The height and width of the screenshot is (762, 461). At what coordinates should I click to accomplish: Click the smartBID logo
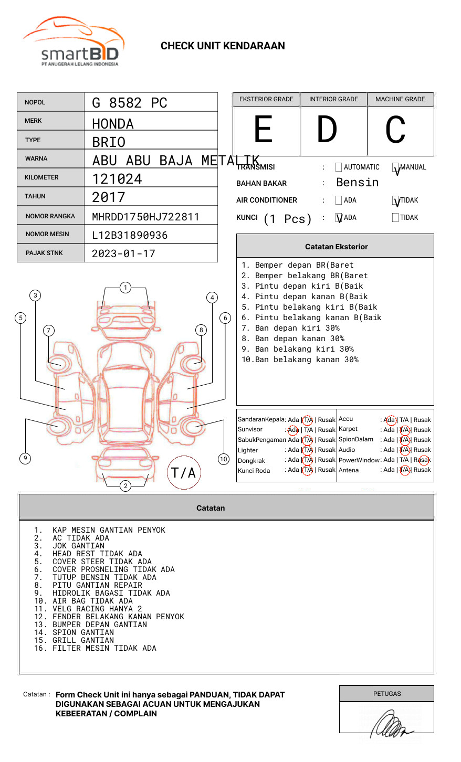click(x=74, y=43)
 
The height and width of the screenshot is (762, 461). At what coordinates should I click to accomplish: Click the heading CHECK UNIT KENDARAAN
click(x=223, y=46)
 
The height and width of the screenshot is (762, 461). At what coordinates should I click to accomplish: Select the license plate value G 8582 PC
click(x=129, y=103)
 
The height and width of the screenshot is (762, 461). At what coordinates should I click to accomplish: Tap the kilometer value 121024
click(x=117, y=179)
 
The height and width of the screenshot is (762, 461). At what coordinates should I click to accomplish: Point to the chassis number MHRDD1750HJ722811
click(x=145, y=217)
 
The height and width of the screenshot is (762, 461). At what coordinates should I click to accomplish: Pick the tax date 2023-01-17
click(x=123, y=253)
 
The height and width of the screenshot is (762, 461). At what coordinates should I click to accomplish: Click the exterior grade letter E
click(x=264, y=130)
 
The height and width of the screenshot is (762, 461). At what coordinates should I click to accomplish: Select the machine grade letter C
click(x=395, y=130)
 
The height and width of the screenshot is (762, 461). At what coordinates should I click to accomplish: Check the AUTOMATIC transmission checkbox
click(x=339, y=167)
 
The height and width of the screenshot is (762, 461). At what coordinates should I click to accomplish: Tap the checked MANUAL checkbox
click(x=395, y=168)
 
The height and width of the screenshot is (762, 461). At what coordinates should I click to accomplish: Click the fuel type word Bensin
click(x=357, y=183)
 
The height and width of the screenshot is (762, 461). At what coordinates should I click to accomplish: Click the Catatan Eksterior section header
click(x=336, y=247)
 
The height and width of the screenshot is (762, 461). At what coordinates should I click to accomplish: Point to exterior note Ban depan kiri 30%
click(x=297, y=328)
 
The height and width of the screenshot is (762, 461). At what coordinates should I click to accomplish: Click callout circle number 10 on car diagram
click(x=224, y=459)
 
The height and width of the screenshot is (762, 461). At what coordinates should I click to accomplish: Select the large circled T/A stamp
click(x=184, y=473)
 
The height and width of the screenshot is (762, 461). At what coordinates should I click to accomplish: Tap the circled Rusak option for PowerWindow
click(x=423, y=460)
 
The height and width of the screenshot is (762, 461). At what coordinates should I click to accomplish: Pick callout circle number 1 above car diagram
click(x=125, y=288)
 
